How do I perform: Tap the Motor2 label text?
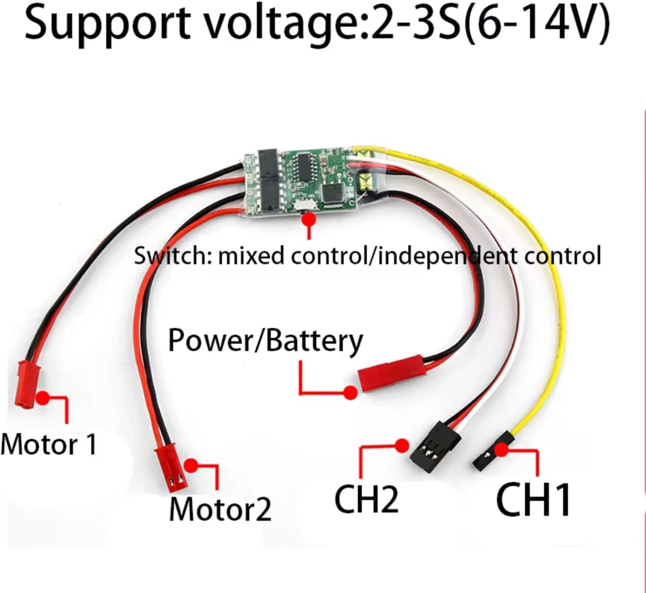pos(220,509)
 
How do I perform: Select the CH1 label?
pos(533,500)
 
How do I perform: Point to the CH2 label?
pos(366,499)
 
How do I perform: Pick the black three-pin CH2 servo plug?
pos(435,443)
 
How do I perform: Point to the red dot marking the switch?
pos(308,219)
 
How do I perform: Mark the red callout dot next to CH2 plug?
pos(402,446)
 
